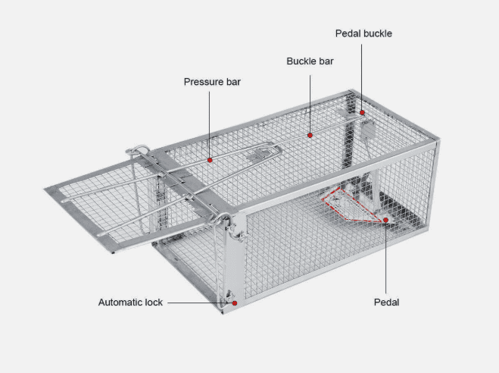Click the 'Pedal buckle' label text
point(363,33)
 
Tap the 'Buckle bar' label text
point(310,61)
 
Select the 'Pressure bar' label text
point(212,82)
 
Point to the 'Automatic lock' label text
point(130,302)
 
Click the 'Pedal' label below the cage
point(386,302)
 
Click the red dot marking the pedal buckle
point(362,112)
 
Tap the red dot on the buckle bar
point(310,136)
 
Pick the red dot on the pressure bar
point(210,160)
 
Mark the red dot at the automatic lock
point(235,303)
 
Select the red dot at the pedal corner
point(385,220)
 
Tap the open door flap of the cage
point(105,204)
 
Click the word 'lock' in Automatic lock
point(154,302)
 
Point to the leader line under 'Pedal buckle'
point(361,77)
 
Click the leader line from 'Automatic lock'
point(200,303)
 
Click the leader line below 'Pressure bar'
point(210,124)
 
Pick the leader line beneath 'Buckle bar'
point(310,104)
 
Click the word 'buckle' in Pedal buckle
point(378,33)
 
